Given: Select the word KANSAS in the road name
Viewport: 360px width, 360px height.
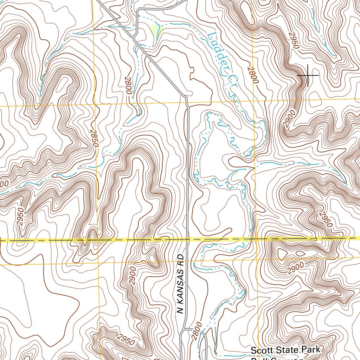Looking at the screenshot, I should pos(180,289).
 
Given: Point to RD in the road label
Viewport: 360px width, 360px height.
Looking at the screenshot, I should pos(181,259).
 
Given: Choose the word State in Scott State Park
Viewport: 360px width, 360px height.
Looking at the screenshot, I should pos(288,350).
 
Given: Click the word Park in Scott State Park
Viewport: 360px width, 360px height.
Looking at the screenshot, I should pos(311,349).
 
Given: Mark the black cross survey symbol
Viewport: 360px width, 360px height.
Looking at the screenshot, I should pos(308,75).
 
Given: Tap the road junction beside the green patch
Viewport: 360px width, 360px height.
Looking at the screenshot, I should pos(134,36).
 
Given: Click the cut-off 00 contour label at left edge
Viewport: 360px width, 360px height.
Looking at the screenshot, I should pos(4,184).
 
